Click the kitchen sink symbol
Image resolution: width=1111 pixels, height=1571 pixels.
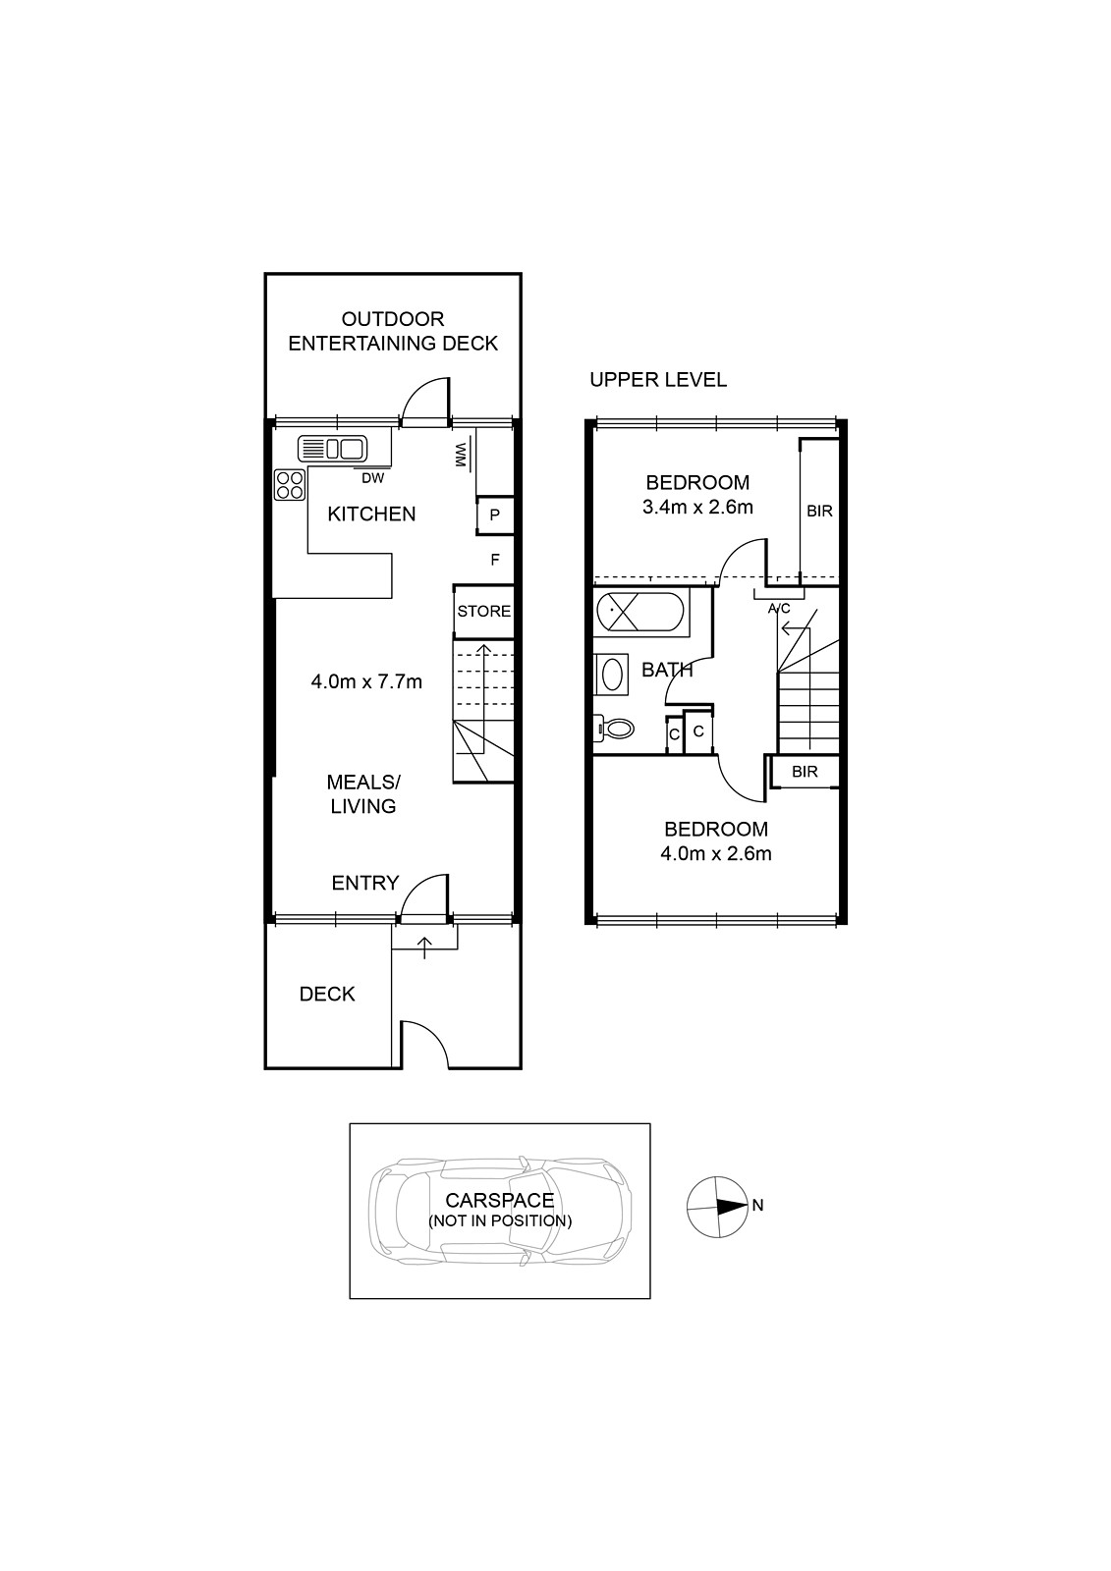(x=332, y=448)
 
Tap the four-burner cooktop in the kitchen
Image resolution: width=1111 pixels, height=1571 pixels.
(x=290, y=485)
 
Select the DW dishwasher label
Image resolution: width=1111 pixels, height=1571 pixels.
(x=372, y=478)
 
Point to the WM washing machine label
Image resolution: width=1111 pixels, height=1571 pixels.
(x=461, y=457)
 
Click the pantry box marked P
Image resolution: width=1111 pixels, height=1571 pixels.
(x=495, y=515)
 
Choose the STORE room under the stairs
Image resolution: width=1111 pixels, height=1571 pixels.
(x=483, y=612)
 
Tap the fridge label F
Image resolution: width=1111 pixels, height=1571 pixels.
(x=495, y=560)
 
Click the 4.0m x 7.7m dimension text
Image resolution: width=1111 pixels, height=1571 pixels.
(x=366, y=681)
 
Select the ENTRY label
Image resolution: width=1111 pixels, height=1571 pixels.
(x=365, y=883)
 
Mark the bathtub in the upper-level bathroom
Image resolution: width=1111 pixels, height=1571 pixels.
(x=639, y=613)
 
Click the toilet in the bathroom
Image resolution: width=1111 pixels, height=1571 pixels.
(x=613, y=728)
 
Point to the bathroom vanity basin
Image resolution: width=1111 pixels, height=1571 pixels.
(x=611, y=674)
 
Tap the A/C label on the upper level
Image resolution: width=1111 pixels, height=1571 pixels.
(x=778, y=608)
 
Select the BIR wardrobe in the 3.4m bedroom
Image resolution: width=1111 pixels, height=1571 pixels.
(x=819, y=512)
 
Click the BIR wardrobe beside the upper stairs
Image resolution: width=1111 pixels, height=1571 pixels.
(x=805, y=772)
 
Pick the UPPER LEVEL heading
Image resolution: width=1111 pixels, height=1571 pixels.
(x=657, y=379)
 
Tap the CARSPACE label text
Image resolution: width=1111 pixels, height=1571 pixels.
(x=500, y=1200)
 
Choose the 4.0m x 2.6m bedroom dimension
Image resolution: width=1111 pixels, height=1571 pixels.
(x=716, y=853)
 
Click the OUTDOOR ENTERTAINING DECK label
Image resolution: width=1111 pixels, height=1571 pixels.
(x=393, y=331)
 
